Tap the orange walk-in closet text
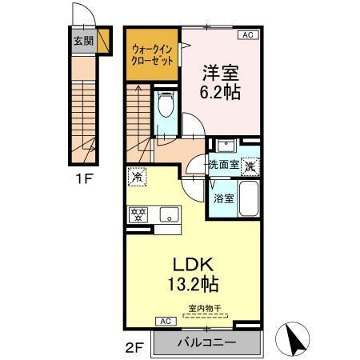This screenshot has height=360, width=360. pyautogui.click(x=152, y=54)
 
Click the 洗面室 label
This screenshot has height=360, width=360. pyautogui.click(x=225, y=165)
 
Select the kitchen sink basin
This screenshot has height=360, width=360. pyautogui.click(x=169, y=214)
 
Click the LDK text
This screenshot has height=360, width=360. pyautogui.click(x=191, y=263)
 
